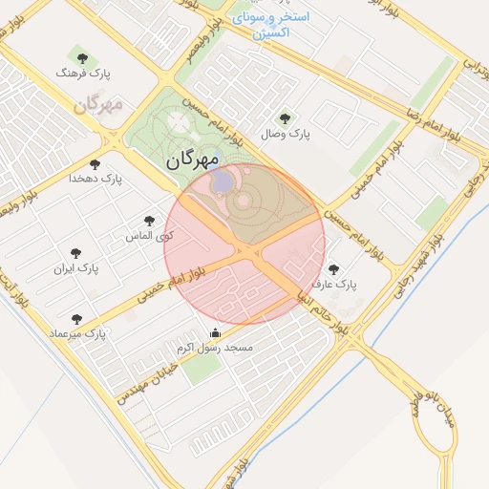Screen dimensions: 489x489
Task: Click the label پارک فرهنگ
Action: [x=83, y=73]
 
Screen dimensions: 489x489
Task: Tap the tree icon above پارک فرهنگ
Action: [x=75, y=59]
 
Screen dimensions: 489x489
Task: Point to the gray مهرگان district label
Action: [x=98, y=104]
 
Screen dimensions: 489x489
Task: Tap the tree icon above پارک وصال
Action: [x=285, y=119]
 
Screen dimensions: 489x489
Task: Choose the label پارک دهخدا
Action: [x=95, y=179]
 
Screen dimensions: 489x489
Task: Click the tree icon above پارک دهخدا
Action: [x=95, y=165]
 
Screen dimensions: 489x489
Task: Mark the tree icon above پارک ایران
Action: [x=75, y=254]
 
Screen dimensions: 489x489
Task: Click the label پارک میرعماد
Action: [x=77, y=334]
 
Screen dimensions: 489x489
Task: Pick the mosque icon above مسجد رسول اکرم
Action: [x=215, y=333]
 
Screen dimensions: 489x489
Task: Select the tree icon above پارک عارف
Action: [x=333, y=270]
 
